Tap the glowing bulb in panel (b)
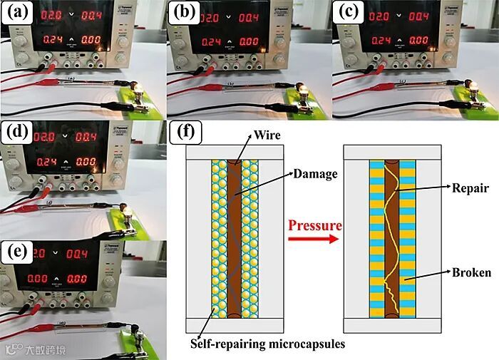(304, 88)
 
